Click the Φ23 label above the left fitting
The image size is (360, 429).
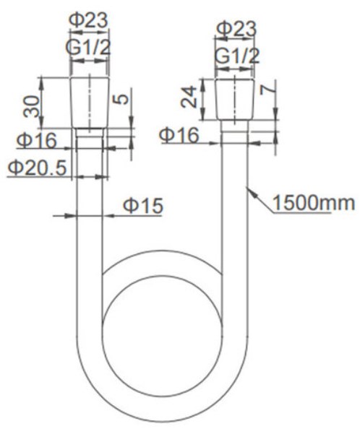tap(88, 20)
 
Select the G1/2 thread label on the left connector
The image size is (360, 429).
tap(88, 48)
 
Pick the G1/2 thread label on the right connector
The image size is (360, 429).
tap(237, 56)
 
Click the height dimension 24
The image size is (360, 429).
tap(189, 97)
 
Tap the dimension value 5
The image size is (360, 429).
tap(121, 99)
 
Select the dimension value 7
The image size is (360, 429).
tap(266, 89)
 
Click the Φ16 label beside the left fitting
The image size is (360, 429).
tap(37, 140)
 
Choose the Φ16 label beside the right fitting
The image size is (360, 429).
tap(179, 135)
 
